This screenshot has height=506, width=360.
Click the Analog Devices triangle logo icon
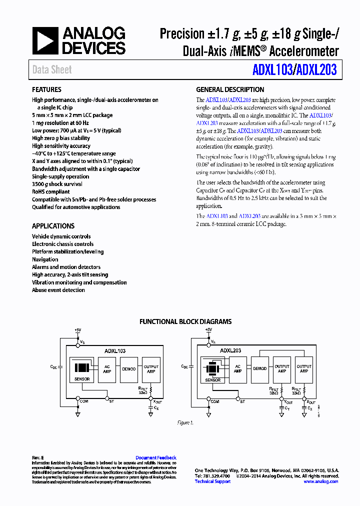(45, 40)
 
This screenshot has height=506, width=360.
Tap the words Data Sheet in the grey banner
(52, 70)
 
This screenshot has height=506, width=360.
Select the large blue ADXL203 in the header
(316, 70)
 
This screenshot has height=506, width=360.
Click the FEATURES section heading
(47, 89)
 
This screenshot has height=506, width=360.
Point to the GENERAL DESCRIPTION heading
(230, 89)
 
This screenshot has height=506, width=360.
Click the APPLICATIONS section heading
(53, 226)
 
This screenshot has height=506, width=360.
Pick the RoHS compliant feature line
(50, 191)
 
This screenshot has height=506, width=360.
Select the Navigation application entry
(45, 259)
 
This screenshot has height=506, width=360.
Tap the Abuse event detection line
(58, 290)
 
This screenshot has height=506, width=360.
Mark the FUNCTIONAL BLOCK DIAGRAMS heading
(185, 322)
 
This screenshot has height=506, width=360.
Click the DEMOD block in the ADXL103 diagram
(128, 369)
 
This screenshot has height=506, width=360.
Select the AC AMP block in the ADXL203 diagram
(237, 368)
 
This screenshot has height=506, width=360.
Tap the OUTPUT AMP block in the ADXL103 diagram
(150, 369)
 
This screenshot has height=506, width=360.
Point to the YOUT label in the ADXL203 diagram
(288, 401)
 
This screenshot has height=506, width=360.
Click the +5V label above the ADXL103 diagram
(77, 330)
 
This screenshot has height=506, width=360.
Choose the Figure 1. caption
(185, 423)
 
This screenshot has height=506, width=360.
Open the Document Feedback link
(156, 457)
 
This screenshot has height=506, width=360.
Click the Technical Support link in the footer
(212, 481)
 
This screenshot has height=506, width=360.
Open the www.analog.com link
(320, 481)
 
